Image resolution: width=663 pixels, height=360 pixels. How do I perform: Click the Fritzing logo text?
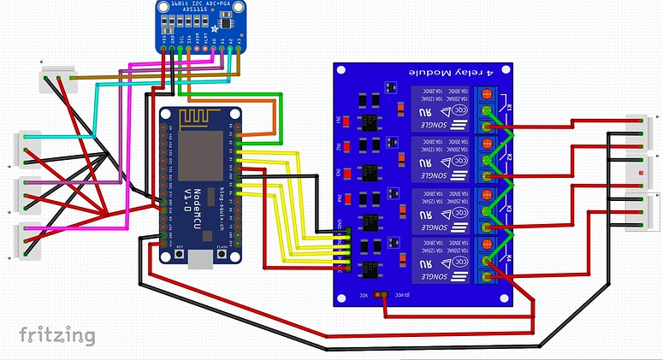point(56,333)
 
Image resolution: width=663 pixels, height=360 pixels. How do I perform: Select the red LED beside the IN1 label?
point(347,119)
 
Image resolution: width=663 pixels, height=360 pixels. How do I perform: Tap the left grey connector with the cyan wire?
point(27,147)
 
